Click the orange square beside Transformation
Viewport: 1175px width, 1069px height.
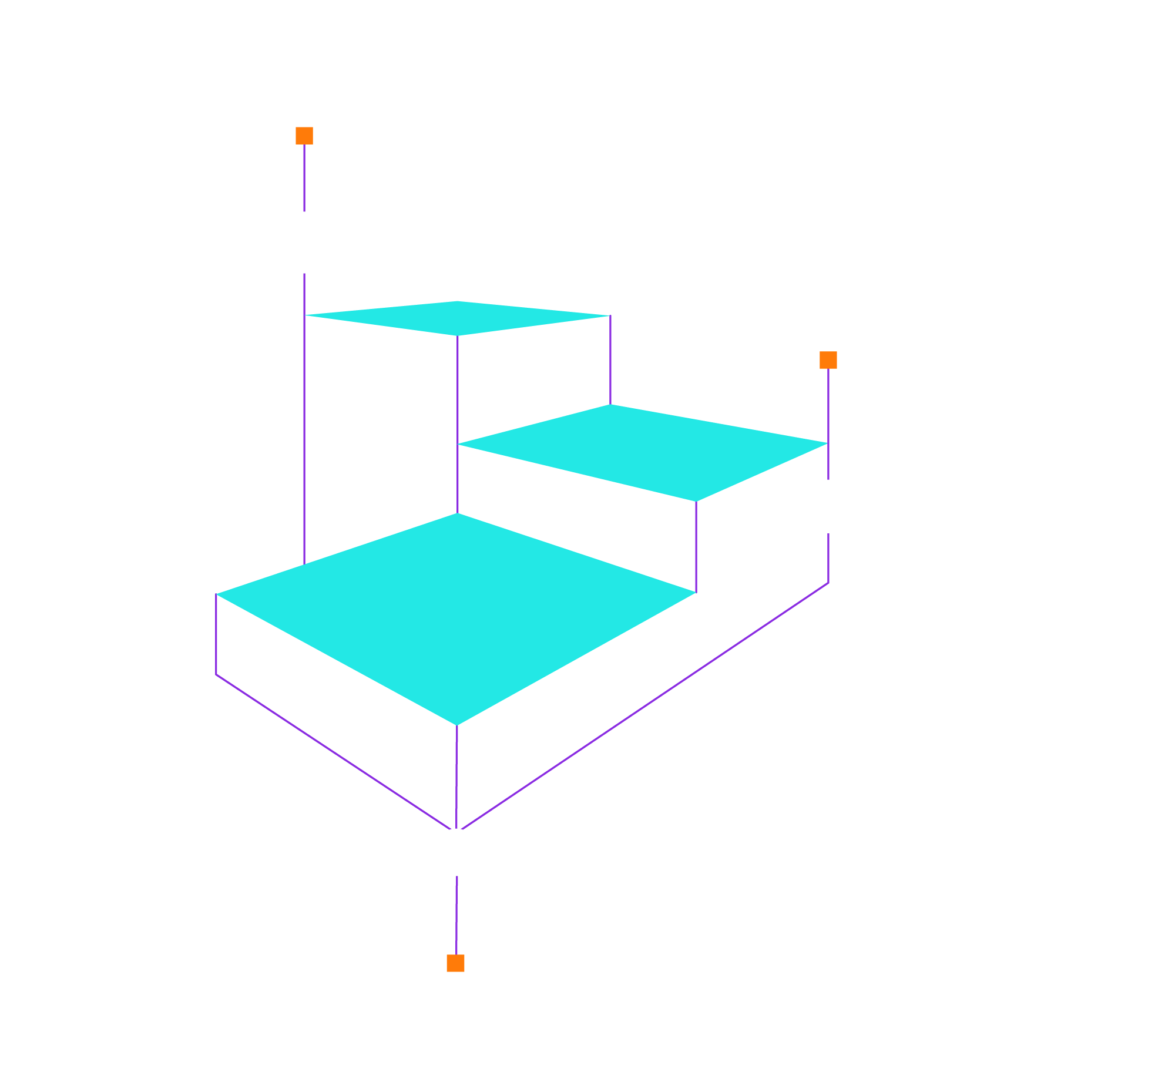coord(304,136)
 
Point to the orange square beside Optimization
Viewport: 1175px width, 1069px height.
coord(828,360)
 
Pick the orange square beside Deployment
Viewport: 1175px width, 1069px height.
coord(455,963)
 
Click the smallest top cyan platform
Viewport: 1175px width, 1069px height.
coord(458,318)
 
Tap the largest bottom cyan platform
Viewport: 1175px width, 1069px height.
coord(456,617)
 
